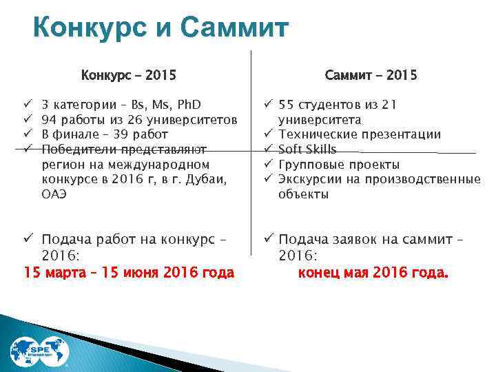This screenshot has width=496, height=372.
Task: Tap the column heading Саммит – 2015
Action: [x=373, y=74]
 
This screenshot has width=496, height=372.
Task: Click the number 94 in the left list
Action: [x=49, y=120]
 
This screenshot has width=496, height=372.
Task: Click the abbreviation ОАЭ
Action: [x=54, y=194]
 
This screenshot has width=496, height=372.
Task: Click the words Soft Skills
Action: [x=307, y=149]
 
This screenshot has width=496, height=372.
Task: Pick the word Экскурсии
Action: [x=308, y=179]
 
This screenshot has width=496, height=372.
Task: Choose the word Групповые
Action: [x=310, y=165]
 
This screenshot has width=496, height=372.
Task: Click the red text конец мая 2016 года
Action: [x=373, y=273]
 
